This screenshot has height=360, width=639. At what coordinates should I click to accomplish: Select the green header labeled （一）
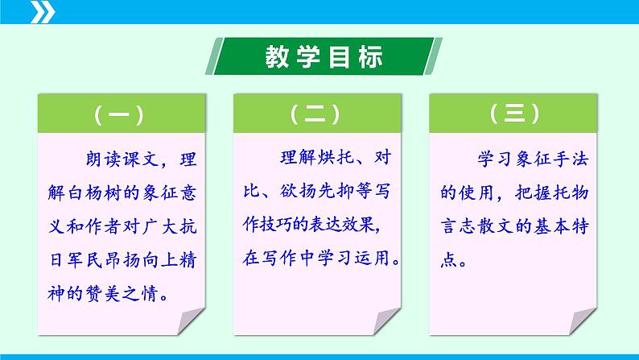coord(118,116)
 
